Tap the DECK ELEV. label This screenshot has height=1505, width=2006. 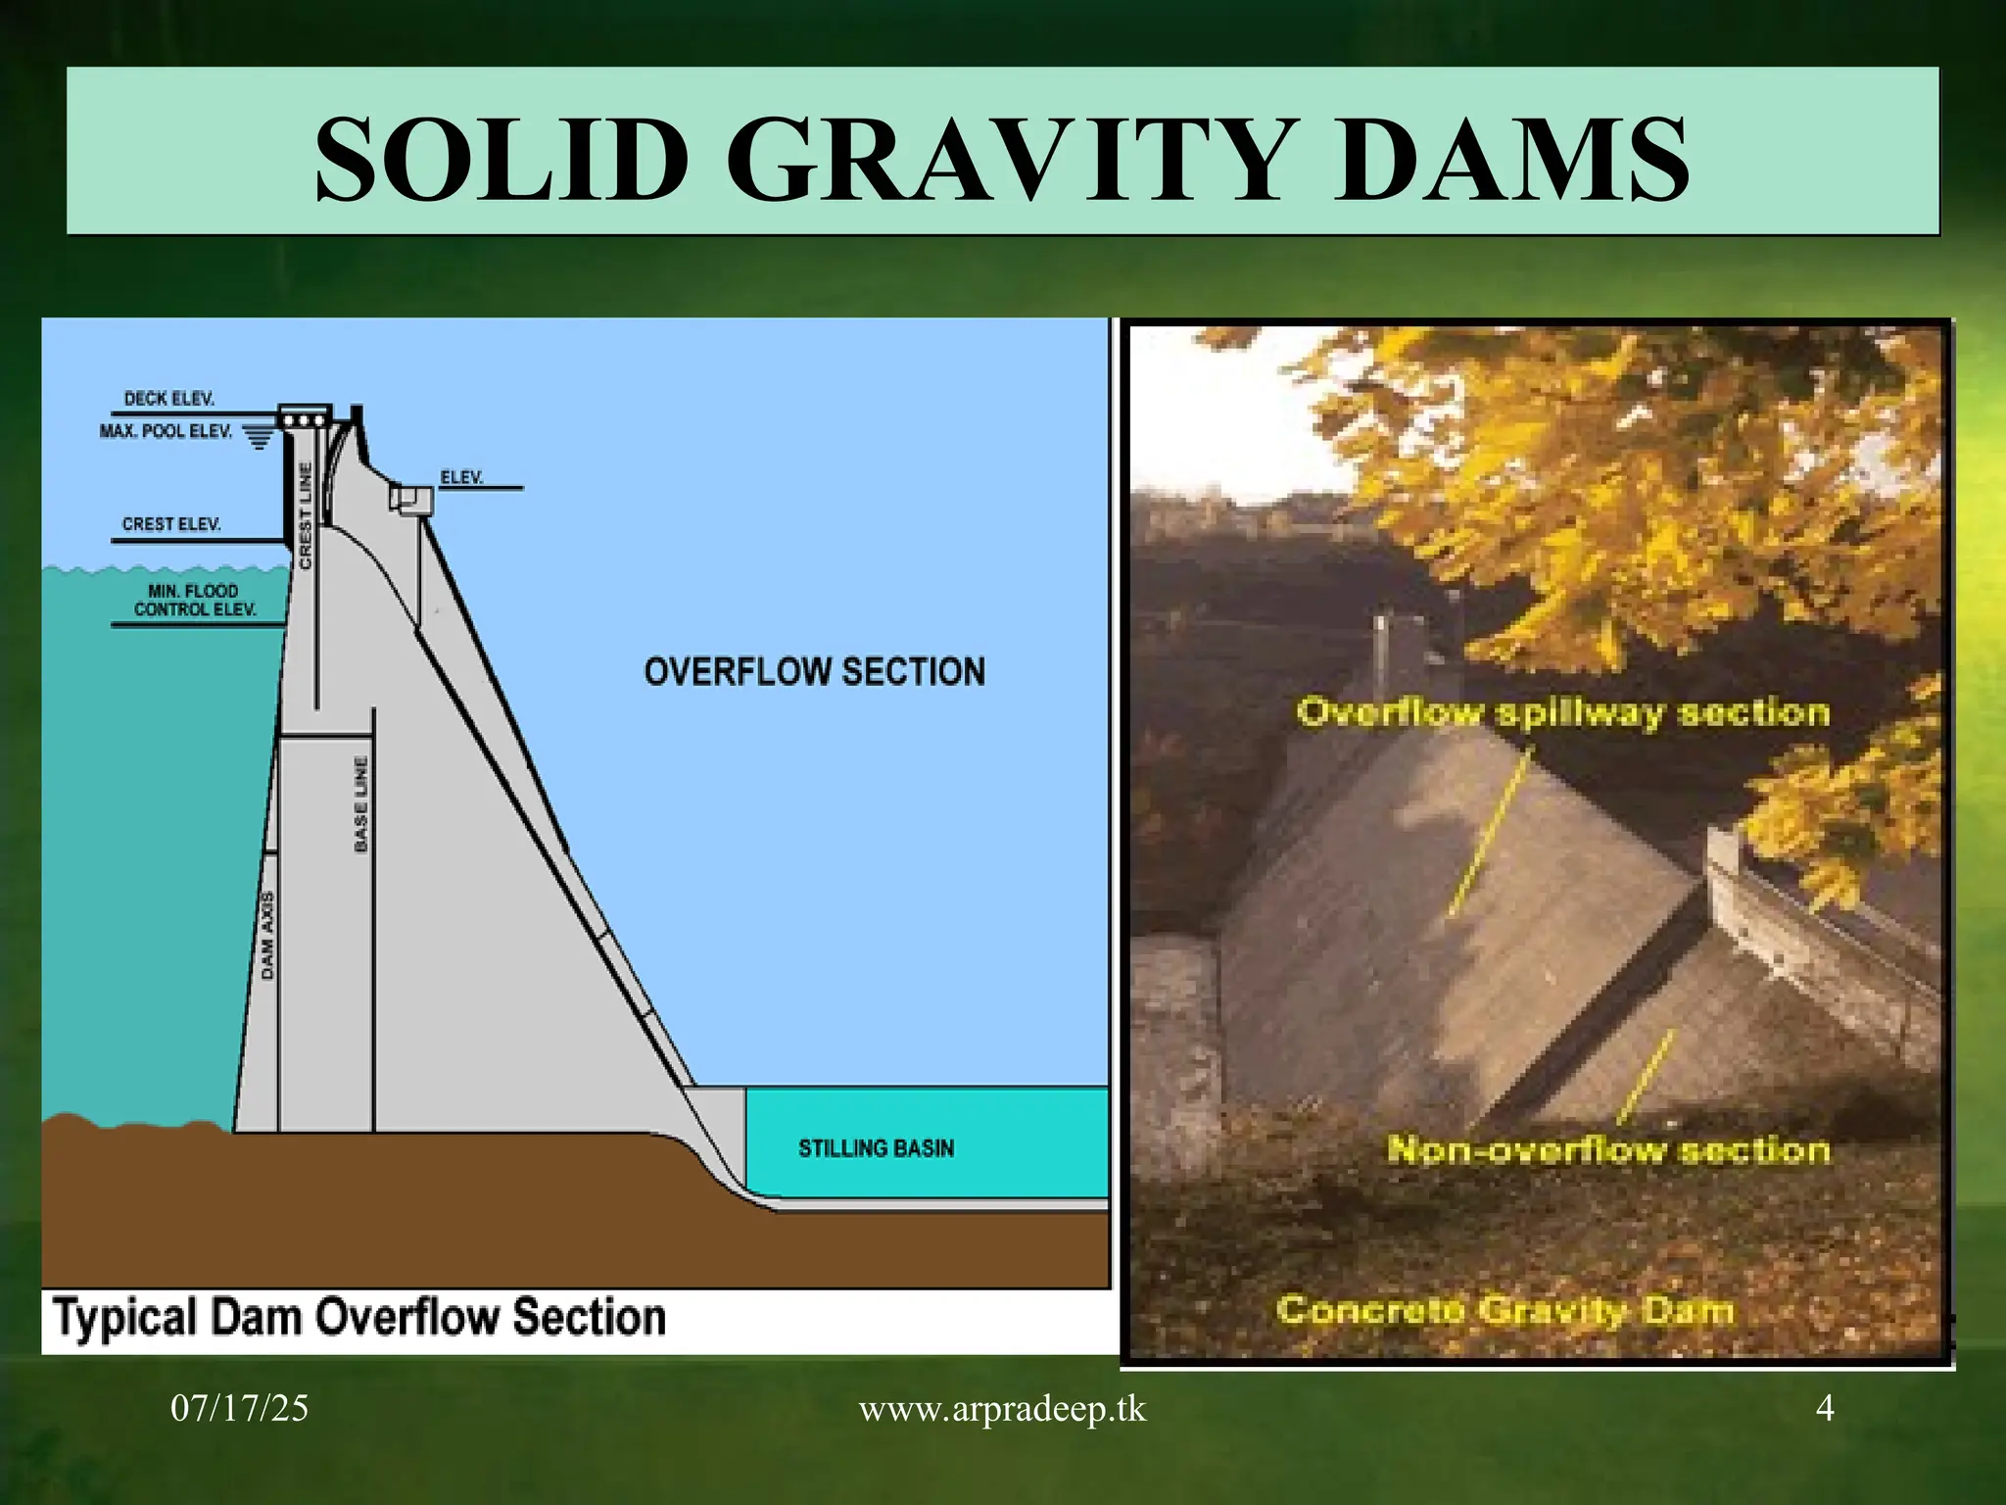point(168,399)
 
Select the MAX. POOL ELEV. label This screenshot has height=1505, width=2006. point(166,431)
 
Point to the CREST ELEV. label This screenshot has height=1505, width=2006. point(171,524)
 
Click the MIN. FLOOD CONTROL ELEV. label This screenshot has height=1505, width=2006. point(195,600)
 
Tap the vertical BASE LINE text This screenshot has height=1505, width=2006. point(360,803)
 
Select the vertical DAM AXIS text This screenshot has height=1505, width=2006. point(268,935)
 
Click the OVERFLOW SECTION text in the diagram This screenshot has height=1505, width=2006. point(814,672)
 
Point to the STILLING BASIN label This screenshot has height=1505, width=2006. point(876,1148)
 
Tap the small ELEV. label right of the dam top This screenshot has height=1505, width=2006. point(461,477)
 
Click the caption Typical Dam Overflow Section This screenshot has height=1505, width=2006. point(359,1318)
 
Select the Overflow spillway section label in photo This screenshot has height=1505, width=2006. point(1562,712)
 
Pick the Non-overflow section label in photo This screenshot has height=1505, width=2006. point(1607,1149)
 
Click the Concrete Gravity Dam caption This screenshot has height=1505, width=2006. point(1504,1310)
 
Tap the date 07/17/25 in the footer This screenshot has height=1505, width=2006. point(239,1409)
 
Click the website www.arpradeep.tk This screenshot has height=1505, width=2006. point(1002,1409)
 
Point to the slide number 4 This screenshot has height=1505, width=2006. point(1825,1408)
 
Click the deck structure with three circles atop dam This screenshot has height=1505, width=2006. point(305,418)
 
